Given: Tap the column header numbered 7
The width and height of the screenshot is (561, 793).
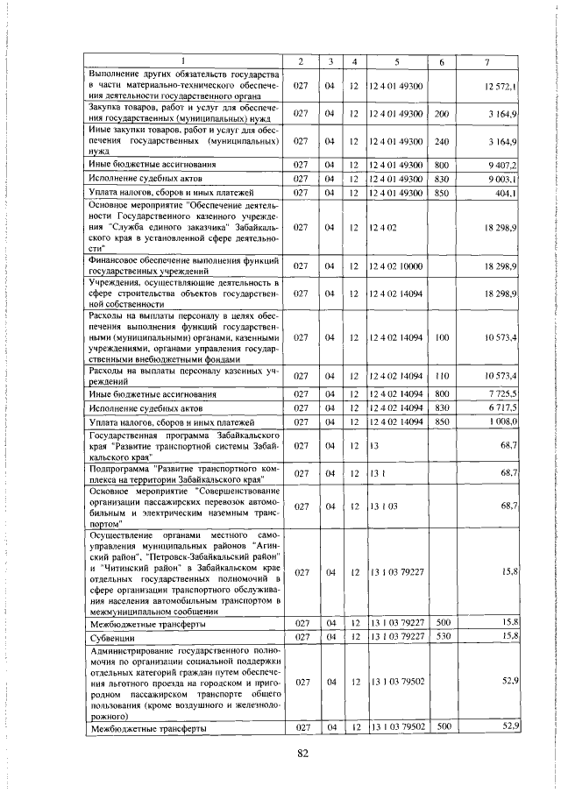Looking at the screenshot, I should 486,60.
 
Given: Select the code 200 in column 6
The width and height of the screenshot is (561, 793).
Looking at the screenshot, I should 441,113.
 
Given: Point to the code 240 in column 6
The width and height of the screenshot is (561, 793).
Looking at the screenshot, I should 441,140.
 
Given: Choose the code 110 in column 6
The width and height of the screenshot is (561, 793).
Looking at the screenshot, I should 441,376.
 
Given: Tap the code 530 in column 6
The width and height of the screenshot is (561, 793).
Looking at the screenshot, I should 441,636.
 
